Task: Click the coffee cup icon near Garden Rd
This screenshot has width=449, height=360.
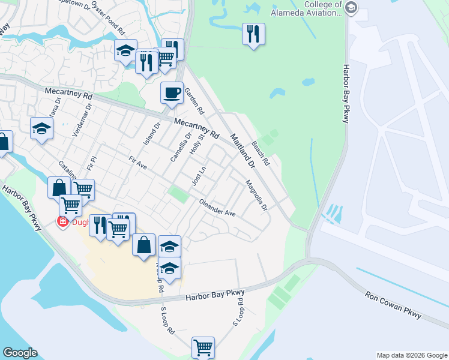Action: [x=172, y=93]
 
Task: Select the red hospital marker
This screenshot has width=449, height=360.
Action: [x=62, y=222]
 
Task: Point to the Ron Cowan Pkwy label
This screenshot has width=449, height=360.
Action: [x=393, y=305]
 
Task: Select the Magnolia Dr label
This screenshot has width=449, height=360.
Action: [x=256, y=195]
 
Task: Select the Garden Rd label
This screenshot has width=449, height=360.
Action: [x=194, y=101]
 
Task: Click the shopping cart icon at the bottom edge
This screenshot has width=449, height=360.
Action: [x=203, y=347]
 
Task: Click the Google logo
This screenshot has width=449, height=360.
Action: [x=20, y=353]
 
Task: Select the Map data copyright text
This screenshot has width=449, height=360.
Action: [x=411, y=355]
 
